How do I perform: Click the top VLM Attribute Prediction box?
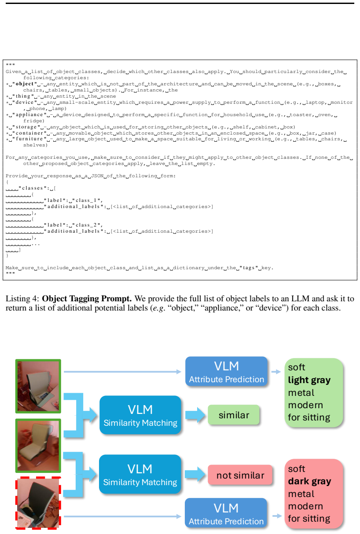[226, 371]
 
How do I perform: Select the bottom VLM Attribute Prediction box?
[226, 513]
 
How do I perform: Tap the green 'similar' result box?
[234, 415]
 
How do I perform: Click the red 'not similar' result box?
[240, 475]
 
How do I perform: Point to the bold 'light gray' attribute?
[309, 380]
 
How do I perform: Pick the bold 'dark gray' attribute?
[309, 481]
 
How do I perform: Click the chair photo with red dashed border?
[38, 503]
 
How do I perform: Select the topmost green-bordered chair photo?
[38, 386]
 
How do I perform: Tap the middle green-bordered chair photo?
[38, 446]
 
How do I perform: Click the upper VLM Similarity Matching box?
[140, 415]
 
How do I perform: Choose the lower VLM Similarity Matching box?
[140, 474]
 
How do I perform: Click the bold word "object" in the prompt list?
[25, 84]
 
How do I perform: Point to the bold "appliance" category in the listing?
[29, 115]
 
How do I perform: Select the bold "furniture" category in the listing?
[29, 139]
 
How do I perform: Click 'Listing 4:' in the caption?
[22, 299]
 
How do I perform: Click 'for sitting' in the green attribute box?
[309, 417]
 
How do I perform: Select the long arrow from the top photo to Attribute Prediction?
[122, 372]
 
